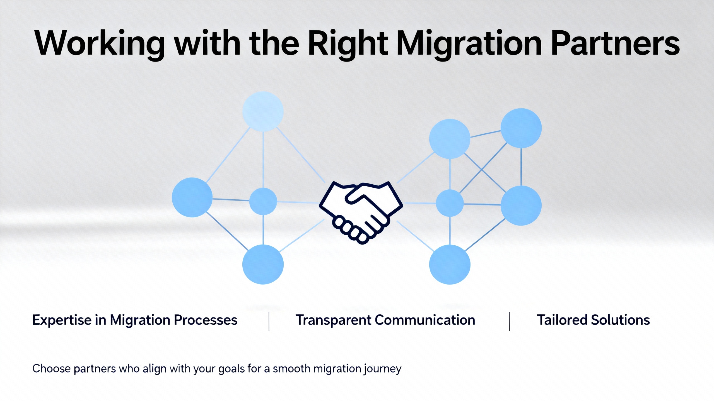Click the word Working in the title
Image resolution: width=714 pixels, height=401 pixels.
(x=100, y=44)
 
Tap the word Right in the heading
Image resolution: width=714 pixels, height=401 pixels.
(x=348, y=44)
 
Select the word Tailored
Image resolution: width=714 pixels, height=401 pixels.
(x=562, y=320)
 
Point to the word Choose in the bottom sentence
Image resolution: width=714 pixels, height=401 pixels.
(x=52, y=368)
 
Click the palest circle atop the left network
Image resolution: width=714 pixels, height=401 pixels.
(x=263, y=111)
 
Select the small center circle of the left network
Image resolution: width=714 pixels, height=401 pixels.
(x=263, y=201)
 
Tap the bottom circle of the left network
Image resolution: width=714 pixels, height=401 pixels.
(x=263, y=264)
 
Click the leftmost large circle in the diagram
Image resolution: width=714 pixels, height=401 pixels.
(x=192, y=197)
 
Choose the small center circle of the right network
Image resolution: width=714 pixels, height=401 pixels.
(x=450, y=203)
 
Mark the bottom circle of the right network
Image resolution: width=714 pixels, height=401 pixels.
(x=450, y=264)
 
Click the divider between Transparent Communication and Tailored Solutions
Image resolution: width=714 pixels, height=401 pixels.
(x=509, y=321)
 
